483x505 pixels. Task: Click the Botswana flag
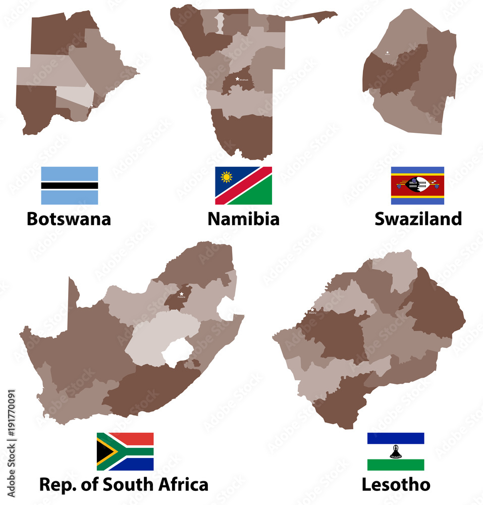pyautogui.click(x=69, y=185)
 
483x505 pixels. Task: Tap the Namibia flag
pyautogui.click(x=243, y=185)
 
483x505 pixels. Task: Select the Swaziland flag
pyautogui.click(x=417, y=185)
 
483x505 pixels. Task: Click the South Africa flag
pyautogui.click(x=125, y=451)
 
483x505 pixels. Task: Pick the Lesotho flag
pyautogui.click(x=395, y=451)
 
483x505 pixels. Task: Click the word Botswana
pyautogui.click(x=69, y=219)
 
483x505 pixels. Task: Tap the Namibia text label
pyautogui.click(x=243, y=219)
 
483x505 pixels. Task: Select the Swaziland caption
pyautogui.click(x=418, y=219)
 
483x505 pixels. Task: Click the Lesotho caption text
pyautogui.click(x=396, y=485)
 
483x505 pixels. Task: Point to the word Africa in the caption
pyautogui.click(x=181, y=485)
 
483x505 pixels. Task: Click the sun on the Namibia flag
pyautogui.click(x=226, y=177)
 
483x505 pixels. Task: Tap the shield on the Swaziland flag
pyautogui.click(x=417, y=185)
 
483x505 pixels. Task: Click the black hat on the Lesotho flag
pyautogui.click(x=395, y=451)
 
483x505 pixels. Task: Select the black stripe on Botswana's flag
pyautogui.click(x=69, y=185)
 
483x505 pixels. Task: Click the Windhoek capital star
pyautogui.click(x=237, y=78)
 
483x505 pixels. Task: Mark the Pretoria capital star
pyautogui.click(x=181, y=293)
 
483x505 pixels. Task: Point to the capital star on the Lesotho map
pyautogui.click(x=313, y=310)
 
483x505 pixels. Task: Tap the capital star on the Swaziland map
pyautogui.click(x=387, y=52)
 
